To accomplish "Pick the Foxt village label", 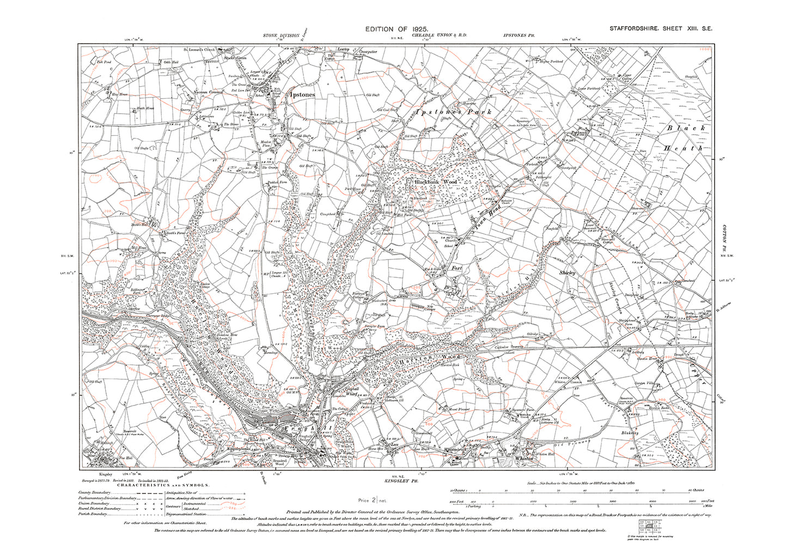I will coord(457,268).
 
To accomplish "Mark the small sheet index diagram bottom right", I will coord(648,525).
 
